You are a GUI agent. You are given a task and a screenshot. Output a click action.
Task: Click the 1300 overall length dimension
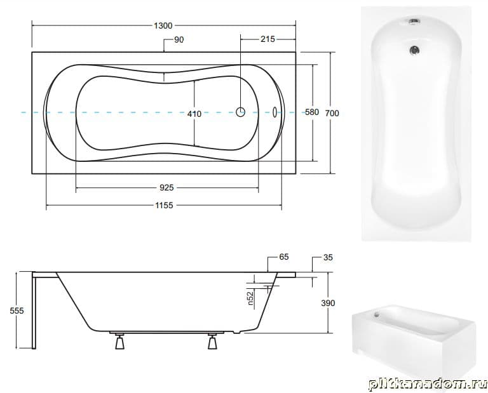click(163, 25)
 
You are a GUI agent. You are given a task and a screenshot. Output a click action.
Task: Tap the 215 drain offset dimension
click(268, 39)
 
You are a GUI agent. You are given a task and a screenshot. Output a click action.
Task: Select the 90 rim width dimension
click(179, 40)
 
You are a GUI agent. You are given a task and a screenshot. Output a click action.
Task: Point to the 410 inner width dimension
click(194, 114)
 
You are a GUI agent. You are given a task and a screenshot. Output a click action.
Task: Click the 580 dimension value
click(311, 112)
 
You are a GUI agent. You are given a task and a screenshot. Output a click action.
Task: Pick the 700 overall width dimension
click(332, 114)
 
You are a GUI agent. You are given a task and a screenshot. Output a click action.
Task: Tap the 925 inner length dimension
click(166, 188)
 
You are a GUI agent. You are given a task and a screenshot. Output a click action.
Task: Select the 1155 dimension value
click(164, 206)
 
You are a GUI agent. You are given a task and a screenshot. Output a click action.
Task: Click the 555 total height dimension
click(17, 310)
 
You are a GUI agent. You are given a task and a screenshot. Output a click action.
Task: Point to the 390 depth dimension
click(328, 303)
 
